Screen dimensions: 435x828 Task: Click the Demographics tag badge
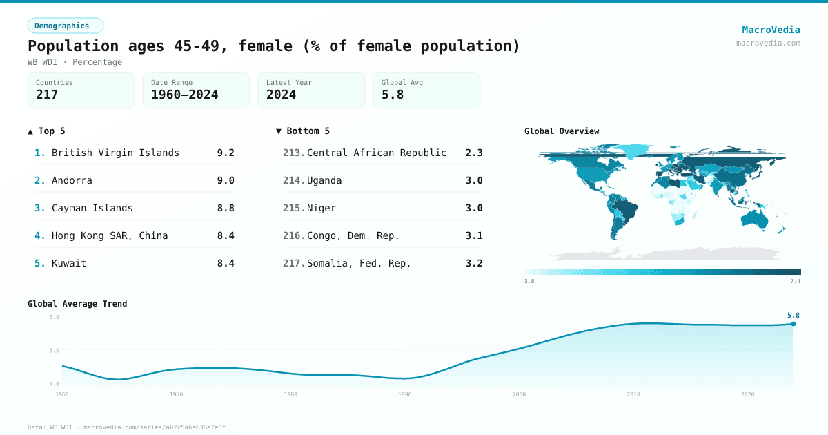(65, 26)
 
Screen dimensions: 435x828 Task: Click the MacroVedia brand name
(771, 30)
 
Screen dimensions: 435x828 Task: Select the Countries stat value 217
(47, 95)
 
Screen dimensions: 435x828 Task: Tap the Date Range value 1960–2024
(184, 95)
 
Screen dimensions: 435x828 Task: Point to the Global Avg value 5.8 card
(426, 90)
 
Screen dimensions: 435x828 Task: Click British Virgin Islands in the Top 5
(115, 153)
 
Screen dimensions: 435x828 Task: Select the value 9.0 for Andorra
(226, 180)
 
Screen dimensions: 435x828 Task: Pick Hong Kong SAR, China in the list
(110, 235)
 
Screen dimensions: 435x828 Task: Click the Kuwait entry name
(69, 263)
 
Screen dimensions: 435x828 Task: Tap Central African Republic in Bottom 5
(376, 153)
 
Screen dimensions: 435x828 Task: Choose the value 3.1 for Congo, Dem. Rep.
(474, 235)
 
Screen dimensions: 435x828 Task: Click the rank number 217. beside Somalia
(294, 263)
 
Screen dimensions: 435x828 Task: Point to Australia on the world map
(758, 217)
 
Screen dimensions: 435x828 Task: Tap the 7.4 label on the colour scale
(795, 281)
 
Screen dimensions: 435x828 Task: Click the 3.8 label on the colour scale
(529, 281)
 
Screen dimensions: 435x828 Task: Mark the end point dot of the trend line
(793, 324)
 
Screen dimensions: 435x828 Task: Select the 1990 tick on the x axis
(405, 394)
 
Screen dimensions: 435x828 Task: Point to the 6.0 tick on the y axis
(54, 317)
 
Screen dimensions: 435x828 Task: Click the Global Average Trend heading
(77, 304)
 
